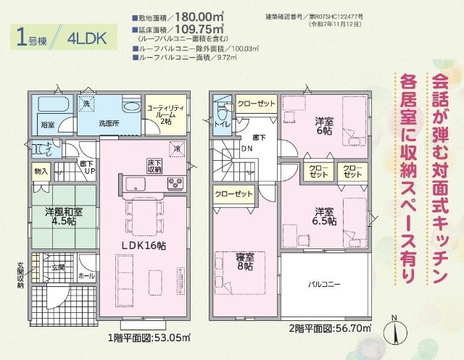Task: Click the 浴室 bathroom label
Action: (x=47, y=125)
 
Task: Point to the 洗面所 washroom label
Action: (x=108, y=123)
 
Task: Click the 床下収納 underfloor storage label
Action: (x=154, y=166)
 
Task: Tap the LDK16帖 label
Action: (x=143, y=246)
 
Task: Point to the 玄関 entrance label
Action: (x=58, y=267)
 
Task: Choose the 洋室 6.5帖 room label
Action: (x=324, y=216)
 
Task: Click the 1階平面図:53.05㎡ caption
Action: (x=149, y=337)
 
